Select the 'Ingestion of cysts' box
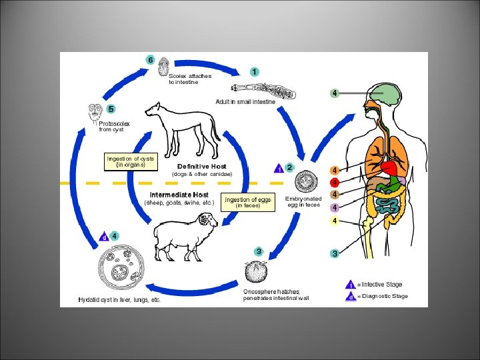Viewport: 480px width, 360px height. (x=131, y=162)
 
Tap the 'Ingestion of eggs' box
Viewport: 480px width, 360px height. (x=248, y=203)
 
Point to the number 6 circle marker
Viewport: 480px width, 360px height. (x=151, y=61)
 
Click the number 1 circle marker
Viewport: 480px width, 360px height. (x=255, y=71)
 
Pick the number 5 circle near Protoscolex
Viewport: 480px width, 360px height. (x=111, y=109)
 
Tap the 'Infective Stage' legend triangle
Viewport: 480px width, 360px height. (x=351, y=285)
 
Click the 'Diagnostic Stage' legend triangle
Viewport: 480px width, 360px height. (x=351, y=297)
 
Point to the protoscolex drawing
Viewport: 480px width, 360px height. (x=94, y=113)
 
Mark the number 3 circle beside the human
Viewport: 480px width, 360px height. (x=335, y=253)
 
